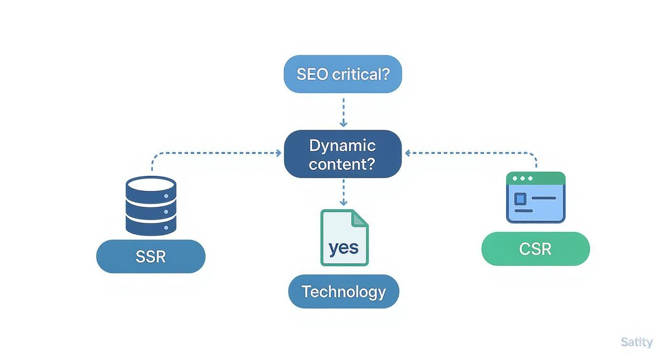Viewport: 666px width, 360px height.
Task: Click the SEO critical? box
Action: (x=343, y=74)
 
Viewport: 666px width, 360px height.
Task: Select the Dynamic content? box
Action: (x=343, y=154)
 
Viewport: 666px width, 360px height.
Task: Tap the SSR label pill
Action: (x=151, y=257)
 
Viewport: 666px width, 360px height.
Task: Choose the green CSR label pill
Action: (x=535, y=249)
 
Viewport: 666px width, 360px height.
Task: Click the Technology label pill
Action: (x=344, y=292)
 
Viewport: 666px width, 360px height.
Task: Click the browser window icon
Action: (x=535, y=197)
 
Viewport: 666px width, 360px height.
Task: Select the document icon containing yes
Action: (x=344, y=237)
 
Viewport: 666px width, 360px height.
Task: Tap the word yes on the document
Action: (x=344, y=248)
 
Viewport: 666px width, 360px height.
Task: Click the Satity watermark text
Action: (x=636, y=342)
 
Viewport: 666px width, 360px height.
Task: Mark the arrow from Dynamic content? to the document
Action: (x=343, y=192)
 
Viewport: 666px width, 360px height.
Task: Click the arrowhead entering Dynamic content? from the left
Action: (x=278, y=153)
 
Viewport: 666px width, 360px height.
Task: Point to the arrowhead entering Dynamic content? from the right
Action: (x=408, y=153)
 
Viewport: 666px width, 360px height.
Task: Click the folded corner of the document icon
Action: (x=360, y=218)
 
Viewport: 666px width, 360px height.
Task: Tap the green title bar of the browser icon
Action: (x=535, y=178)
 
